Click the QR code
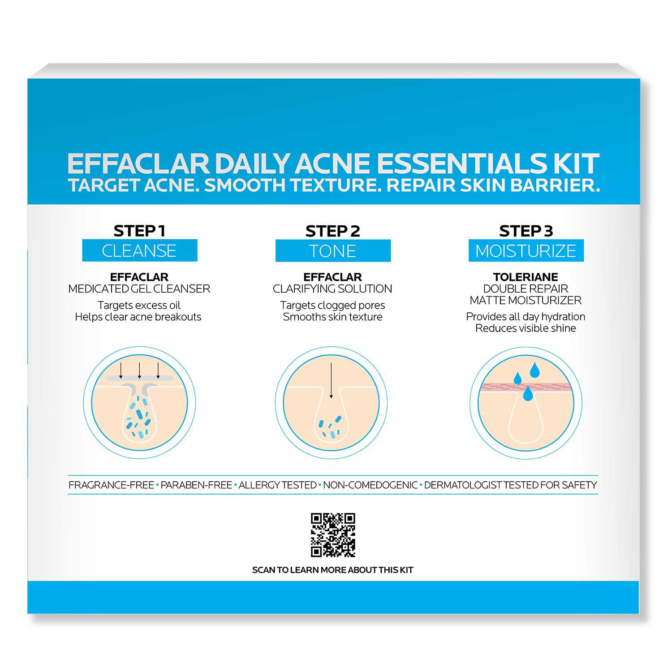coord(333,535)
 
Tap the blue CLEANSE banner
coord(139,250)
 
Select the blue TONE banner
coord(333,251)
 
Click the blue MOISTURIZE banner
coord(526,251)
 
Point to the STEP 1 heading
coord(139,231)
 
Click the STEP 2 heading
coord(333,231)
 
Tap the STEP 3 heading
coord(526,231)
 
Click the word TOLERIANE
coord(526,277)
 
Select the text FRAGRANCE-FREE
coord(111,485)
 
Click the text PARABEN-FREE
coord(196,485)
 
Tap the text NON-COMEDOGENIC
coord(370,485)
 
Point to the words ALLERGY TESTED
coord(277,485)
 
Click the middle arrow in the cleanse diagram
coord(140,370)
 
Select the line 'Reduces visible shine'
coord(526,328)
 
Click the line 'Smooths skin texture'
coord(333,317)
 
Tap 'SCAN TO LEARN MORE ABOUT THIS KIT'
coord(332,570)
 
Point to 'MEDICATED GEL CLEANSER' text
coord(139,289)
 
